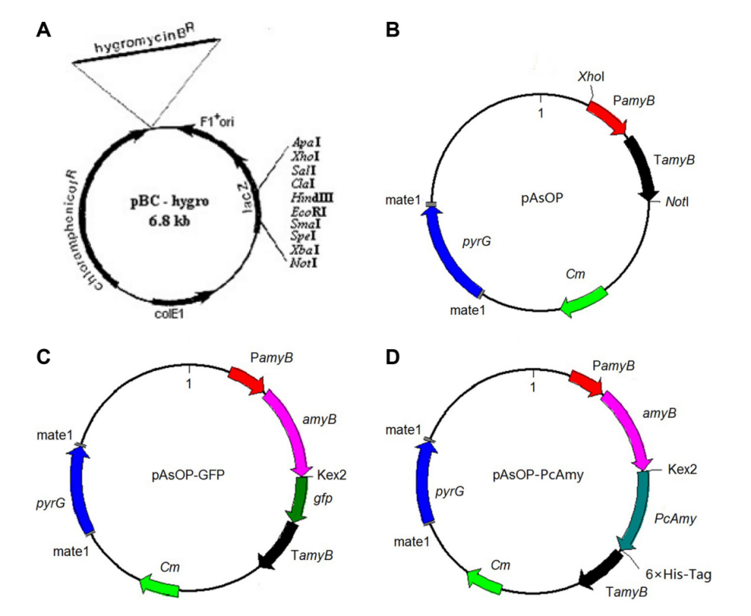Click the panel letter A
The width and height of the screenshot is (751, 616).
coord(44,30)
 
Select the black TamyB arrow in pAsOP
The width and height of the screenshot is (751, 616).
coord(645,166)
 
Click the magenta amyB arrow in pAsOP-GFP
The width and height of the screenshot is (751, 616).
coord(288,432)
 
